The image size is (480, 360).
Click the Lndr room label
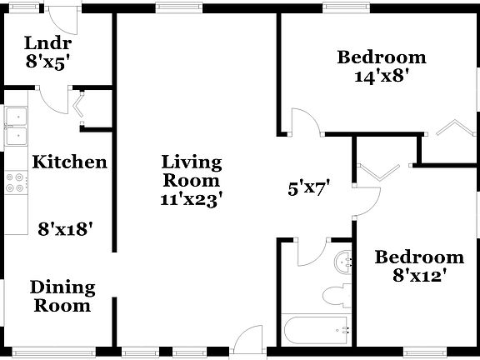tap(47, 43)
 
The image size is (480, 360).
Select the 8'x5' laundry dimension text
tap(47, 61)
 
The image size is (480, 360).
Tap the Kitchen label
tap(69, 162)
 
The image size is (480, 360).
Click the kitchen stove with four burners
tap(14, 182)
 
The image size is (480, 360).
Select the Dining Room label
tap(62, 297)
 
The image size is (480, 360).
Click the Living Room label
tap(192, 171)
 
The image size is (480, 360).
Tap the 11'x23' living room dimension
tap(192, 199)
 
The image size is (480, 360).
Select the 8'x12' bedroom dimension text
tap(418, 275)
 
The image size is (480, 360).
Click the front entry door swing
tap(247, 342)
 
